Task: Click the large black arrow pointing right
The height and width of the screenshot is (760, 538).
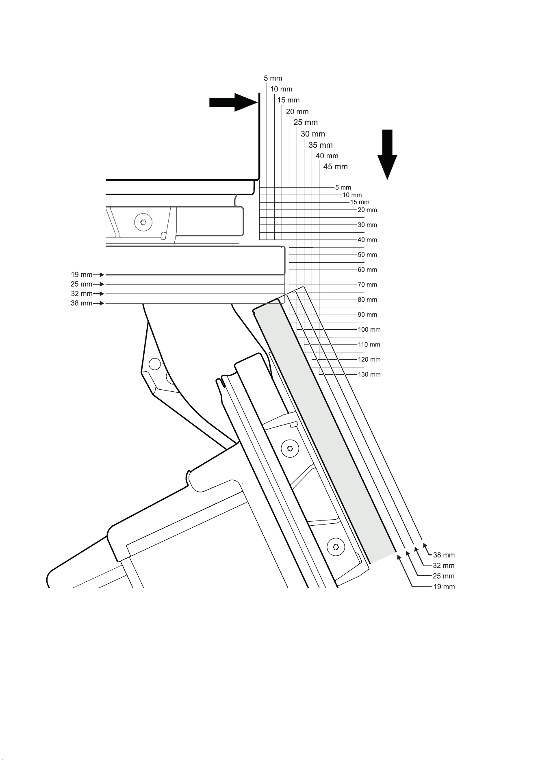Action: [x=233, y=102]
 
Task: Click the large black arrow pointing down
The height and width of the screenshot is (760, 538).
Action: [x=387, y=155]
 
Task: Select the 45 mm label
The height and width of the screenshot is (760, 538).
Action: [x=335, y=166]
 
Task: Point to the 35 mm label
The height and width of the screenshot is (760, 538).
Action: [x=321, y=145]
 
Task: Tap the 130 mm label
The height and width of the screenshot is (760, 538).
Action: [x=369, y=374]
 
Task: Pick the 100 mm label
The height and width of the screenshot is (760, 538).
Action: [x=369, y=330]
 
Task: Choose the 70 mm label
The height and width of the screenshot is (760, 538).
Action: [x=367, y=285]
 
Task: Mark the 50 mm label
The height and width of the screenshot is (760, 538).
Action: [x=367, y=255]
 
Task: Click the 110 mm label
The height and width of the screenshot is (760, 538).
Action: [x=369, y=345]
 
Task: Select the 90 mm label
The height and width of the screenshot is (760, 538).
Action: [x=367, y=315]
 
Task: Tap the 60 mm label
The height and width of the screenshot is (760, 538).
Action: [x=367, y=270]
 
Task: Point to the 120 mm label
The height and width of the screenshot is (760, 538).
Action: [x=369, y=359]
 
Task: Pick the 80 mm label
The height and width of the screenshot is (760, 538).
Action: [x=367, y=300]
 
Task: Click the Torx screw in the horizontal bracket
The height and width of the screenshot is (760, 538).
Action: [x=143, y=222]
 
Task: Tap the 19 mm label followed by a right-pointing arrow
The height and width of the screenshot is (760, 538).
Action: [x=82, y=275]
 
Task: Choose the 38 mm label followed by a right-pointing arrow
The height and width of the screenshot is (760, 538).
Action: [x=82, y=303]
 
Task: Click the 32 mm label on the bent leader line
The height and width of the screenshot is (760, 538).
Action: [x=444, y=566]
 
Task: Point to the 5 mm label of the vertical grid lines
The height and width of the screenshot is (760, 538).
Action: [x=273, y=78]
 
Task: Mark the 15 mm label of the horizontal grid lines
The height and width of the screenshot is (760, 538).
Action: [x=360, y=202]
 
